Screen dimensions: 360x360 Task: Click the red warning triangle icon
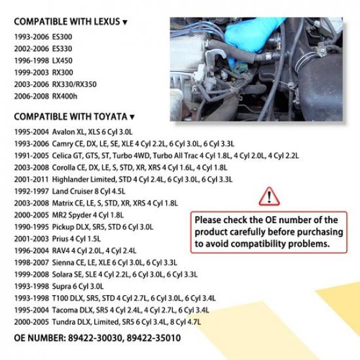coord(269,196)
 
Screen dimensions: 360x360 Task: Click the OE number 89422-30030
coord(95,338)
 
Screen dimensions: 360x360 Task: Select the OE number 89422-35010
coord(154,338)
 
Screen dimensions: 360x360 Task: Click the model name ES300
coord(62,37)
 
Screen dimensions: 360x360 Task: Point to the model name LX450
coord(62,61)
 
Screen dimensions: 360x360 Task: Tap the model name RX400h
coord(65,96)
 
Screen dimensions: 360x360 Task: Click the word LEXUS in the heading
coord(107,22)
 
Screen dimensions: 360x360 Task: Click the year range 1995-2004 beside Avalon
coord(31,132)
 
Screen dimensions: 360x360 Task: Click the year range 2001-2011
coord(31,179)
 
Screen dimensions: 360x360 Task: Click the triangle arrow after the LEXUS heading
coord(124,22)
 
